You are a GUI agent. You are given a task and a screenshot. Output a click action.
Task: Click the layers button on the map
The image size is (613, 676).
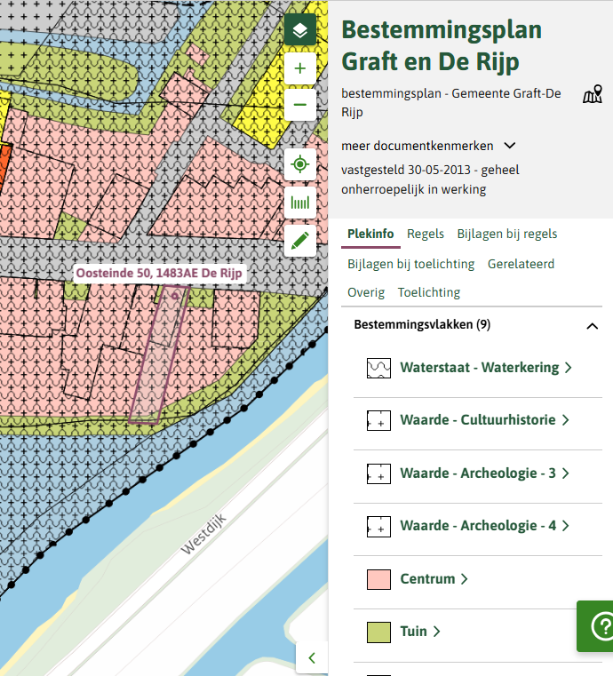(300, 31)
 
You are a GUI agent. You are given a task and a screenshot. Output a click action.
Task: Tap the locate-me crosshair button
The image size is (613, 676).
(300, 165)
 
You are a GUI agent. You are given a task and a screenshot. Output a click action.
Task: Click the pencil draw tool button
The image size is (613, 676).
(300, 240)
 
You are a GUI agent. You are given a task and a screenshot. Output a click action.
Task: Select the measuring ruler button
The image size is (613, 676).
(300, 203)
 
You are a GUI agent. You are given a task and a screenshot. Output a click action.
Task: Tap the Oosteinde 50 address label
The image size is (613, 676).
(158, 274)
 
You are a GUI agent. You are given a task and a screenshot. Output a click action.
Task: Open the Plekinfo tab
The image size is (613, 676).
(370, 234)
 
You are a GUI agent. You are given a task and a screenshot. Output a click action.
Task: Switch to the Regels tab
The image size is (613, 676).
(426, 234)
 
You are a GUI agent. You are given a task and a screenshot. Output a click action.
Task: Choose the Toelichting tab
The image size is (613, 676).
(429, 292)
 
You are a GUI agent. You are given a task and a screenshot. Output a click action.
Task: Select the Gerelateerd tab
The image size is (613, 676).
(521, 264)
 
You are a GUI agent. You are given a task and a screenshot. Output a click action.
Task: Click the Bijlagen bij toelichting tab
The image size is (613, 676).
(411, 264)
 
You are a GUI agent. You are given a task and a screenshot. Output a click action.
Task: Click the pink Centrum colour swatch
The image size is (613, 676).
(379, 579)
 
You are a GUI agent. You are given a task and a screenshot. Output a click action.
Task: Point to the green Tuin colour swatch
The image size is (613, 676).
(379, 632)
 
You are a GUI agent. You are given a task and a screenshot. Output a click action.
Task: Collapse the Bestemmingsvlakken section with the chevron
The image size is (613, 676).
(593, 326)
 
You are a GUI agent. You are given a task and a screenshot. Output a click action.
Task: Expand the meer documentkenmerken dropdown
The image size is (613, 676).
(509, 146)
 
